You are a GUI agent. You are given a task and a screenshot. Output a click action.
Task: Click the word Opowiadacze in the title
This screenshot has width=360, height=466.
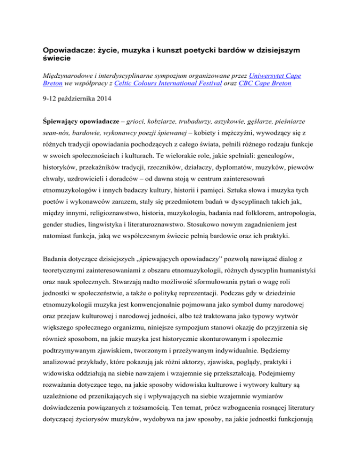point(72,50)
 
